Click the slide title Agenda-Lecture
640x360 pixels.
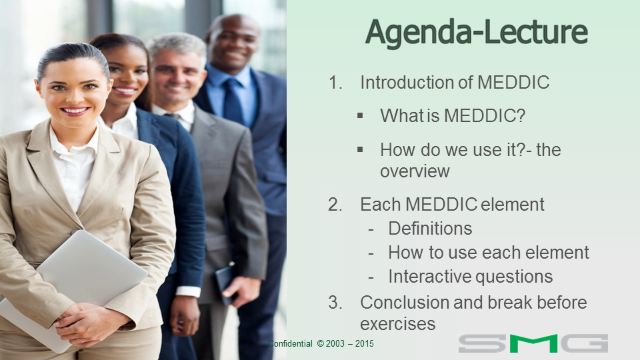point(476,33)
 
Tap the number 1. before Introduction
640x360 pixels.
point(335,83)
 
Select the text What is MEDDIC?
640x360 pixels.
point(453,116)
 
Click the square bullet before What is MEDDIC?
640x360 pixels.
point(360,116)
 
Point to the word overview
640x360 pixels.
point(415,171)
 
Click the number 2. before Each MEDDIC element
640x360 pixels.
point(335,205)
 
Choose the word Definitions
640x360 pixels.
point(430,229)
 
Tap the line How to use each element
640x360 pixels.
point(489,253)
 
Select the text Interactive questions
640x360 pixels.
point(471,277)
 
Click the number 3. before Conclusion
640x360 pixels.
point(335,303)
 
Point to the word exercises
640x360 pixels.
point(397,325)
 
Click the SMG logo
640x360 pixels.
point(533,343)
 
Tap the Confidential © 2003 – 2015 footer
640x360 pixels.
point(321,344)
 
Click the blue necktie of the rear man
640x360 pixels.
point(233,101)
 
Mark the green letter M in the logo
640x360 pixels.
point(533,343)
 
